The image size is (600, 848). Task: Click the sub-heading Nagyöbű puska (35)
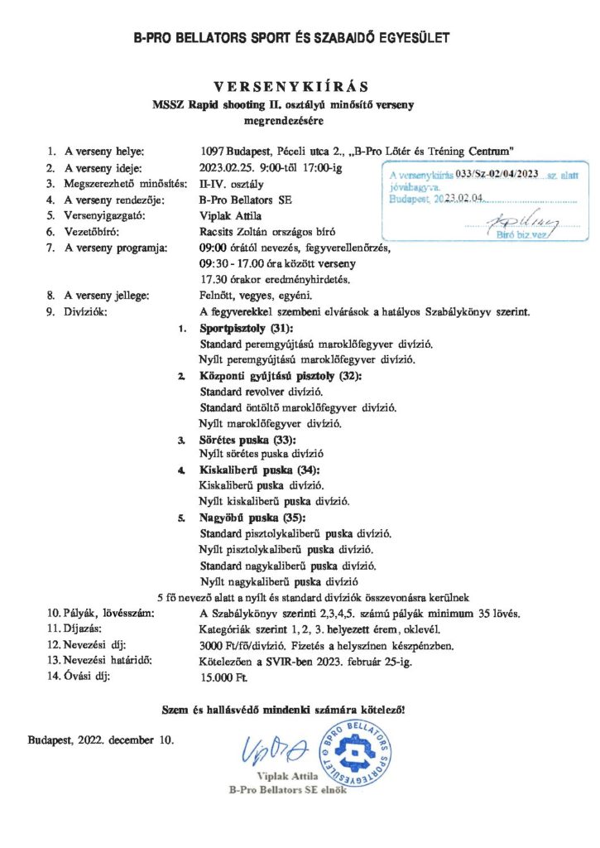point(247,518)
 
